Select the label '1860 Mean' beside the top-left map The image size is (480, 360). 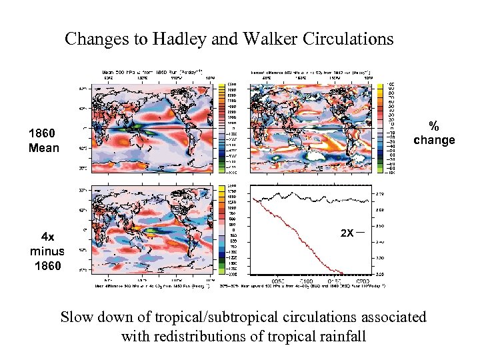point(44,140)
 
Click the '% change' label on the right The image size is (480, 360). point(434,133)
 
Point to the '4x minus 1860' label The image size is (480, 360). point(47,251)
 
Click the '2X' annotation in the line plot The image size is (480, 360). point(347,234)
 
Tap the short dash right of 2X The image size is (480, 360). point(361,233)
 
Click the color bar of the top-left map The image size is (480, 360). point(232,126)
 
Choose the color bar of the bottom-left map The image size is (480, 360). point(232,230)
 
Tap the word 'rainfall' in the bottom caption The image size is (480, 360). point(341,336)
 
